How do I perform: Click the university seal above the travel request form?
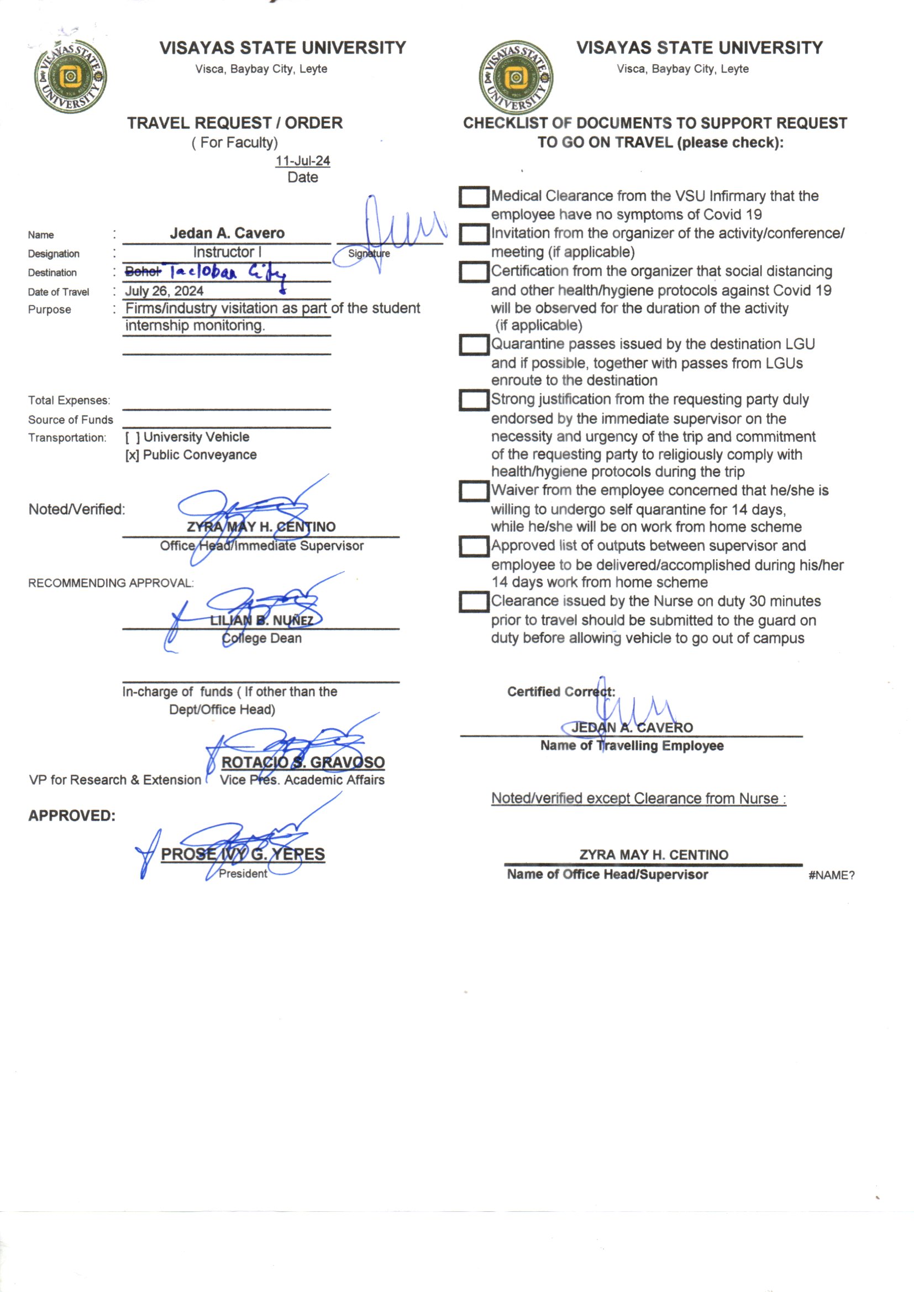[x=70, y=76]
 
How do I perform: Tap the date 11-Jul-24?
[x=302, y=161]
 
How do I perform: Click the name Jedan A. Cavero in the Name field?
[x=227, y=233]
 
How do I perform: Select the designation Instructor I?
[x=227, y=252]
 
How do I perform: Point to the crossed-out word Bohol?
[x=143, y=272]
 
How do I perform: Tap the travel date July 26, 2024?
[x=164, y=291]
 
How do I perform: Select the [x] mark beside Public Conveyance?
[x=132, y=455]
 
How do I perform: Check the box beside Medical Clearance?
[x=474, y=197]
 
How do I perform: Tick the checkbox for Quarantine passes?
[x=474, y=345]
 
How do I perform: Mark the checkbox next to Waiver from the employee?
[x=474, y=491]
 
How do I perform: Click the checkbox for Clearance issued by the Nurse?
[x=474, y=602]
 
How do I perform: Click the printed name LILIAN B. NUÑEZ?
[x=261, y=621]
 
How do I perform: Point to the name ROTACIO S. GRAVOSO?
[x=303, y=763]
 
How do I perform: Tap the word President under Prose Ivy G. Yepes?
[x=243, y=873]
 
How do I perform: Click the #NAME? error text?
[x=831, y=875]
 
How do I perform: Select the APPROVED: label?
[x=71, y=816]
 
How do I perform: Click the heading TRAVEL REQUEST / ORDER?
[x=235, y=123]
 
